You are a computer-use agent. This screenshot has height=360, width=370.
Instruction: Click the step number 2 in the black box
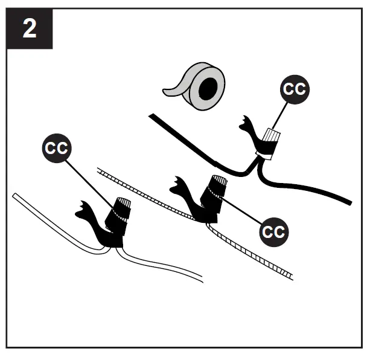(x=29, y=29)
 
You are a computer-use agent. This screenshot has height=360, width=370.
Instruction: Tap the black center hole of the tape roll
(x=207, y=90)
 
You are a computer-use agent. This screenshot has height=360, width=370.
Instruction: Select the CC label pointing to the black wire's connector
(x=295, y=89)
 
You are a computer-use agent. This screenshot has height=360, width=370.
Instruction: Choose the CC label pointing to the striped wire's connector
(x=274, y=231)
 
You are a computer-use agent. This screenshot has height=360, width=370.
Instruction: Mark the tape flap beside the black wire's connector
(x=247, y=127)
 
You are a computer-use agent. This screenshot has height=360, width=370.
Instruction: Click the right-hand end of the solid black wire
(x=348, y=202)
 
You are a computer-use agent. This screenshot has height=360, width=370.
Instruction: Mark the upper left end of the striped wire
(x=100, y=171)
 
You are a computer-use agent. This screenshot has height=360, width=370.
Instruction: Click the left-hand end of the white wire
(x=15, y=196)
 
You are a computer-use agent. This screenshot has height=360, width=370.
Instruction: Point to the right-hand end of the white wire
(x=200, y=280)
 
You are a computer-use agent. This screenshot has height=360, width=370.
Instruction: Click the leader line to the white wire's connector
(x=91, y=179)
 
